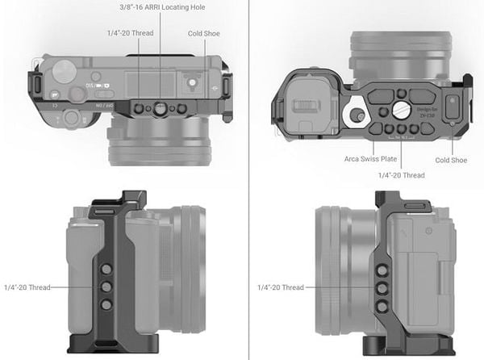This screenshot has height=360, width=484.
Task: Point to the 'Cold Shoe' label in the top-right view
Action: pos(450,160)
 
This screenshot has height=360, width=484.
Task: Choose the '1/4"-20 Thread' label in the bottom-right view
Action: pos(281,287)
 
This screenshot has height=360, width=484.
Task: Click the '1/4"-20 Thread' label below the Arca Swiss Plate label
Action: pos(401,175)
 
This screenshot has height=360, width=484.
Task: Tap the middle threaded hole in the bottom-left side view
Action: pos(105,286)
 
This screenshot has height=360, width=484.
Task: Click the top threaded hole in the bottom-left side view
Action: pos(105,270)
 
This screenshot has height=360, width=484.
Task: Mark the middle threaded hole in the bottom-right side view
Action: pos(382,288)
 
